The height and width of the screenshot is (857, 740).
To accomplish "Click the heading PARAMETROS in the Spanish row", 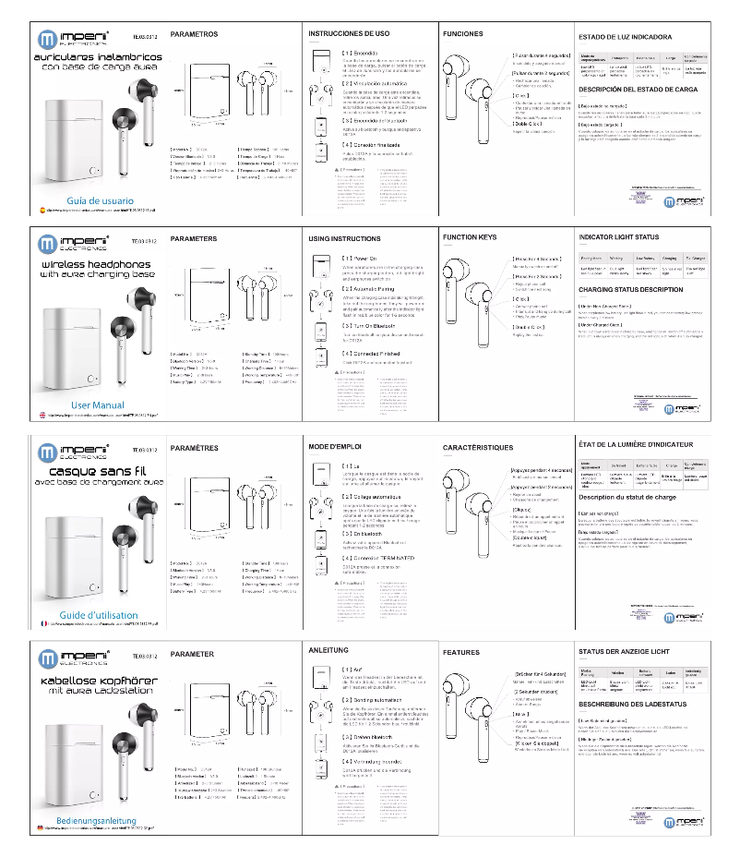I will pos(195,34).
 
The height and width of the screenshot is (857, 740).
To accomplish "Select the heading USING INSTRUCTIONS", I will pos(344,239).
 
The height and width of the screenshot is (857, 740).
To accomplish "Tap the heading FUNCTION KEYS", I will pos(470,237).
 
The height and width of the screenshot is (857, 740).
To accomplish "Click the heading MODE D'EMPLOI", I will pos(334,446).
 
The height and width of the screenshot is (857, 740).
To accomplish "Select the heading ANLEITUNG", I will pos(328,650).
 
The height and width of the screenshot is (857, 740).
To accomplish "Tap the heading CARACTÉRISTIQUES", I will pos(478,447).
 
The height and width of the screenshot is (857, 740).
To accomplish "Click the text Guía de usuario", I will pos(101,200).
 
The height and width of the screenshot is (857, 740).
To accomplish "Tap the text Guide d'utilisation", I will pos(100,614).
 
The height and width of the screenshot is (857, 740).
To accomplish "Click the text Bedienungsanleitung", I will pos(97,820).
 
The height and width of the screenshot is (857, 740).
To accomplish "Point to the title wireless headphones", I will pos(96,264).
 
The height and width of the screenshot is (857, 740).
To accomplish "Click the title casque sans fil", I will pos(96,470).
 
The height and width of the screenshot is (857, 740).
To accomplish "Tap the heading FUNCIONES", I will pos(463,33).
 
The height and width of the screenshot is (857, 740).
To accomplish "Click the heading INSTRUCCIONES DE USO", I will pos(348,33).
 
